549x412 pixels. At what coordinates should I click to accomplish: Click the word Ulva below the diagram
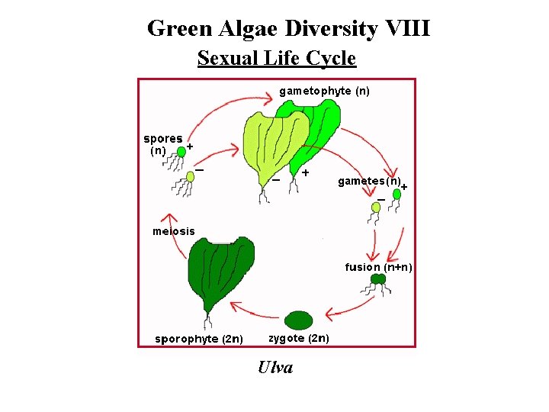coord(275,368)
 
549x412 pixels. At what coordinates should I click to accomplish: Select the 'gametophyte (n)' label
coord(324,91)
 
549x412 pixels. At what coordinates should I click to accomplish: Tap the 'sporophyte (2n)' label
coord(199,339)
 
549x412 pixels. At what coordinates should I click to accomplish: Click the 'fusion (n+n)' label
coord(378,267)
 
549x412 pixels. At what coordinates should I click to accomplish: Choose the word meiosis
coord(173,231)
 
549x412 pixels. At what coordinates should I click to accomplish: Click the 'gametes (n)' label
coord(370,182)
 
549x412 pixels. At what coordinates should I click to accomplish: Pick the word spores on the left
coord(162,139)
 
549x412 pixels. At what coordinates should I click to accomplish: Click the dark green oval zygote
coord(299,319)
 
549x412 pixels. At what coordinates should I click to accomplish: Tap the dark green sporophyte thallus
coord(220,271)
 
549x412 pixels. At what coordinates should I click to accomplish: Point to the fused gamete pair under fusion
coord(377,279)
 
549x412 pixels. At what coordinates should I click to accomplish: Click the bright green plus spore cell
coord(181,152)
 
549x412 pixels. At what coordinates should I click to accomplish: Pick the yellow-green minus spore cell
coord(191,177)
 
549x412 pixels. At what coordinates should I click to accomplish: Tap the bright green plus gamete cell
coord(396,195)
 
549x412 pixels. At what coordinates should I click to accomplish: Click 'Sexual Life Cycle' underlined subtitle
coord(276,58)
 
